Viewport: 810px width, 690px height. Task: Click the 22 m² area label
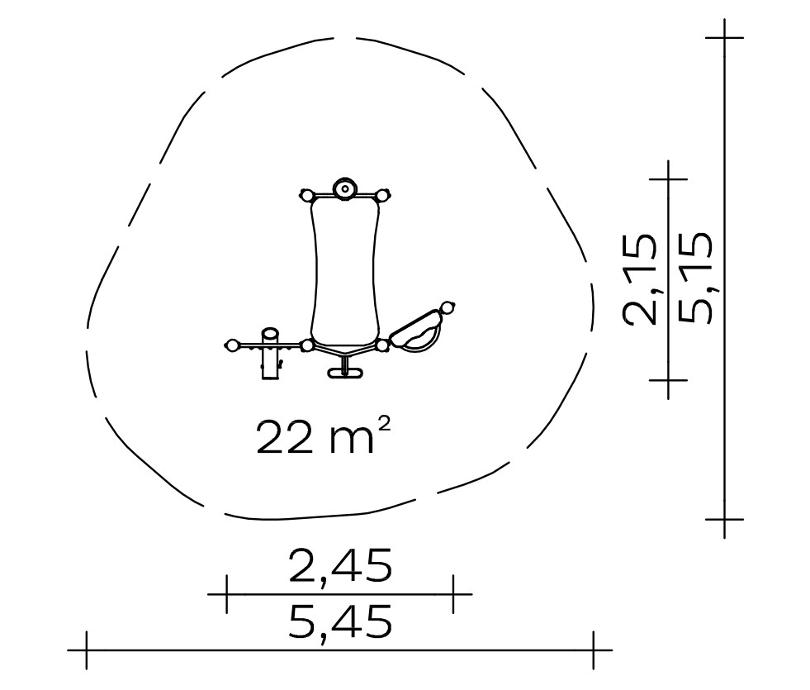tap(323, 437)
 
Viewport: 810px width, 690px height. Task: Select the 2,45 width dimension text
tap(340, 567)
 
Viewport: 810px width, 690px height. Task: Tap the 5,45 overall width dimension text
tap(340, 623)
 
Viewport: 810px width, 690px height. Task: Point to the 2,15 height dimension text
tap(641, 279)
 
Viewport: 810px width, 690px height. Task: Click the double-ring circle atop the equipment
tap(344, 188)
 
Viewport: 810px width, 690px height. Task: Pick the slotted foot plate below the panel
tap(344, 373)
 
